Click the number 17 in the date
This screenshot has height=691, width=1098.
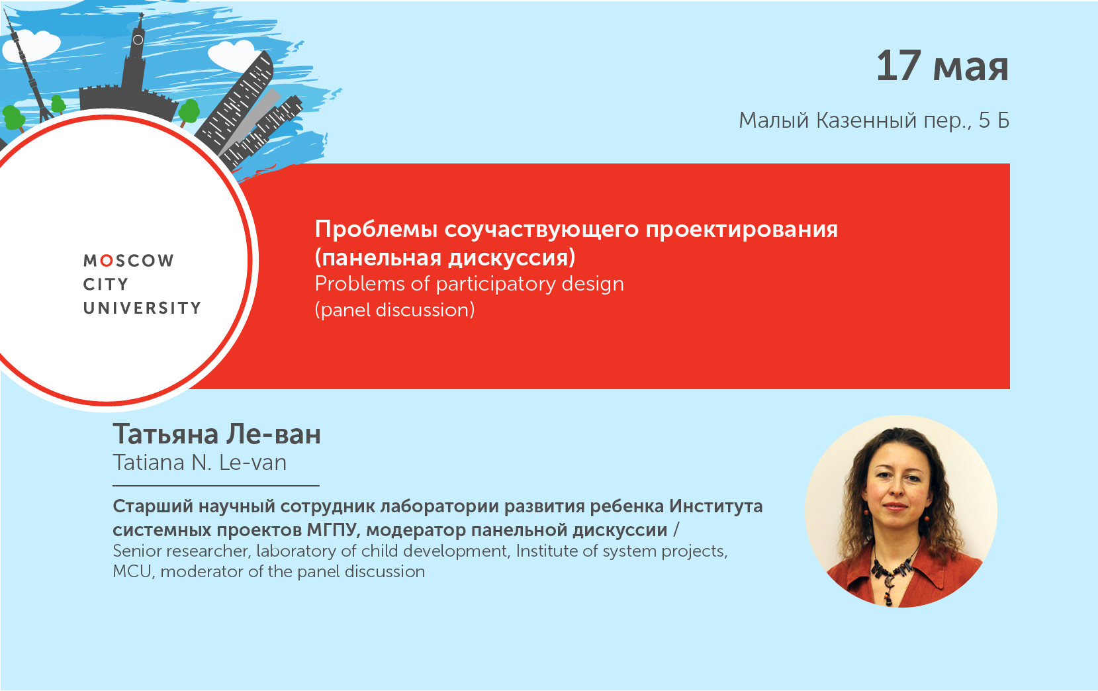tap(898, 66)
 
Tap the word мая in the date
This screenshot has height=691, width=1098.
tap(971, 69)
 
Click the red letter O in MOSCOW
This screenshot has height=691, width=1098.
tap(107, 261)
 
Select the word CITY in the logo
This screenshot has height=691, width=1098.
tap(106, 285)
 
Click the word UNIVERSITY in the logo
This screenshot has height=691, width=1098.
tap(142, 308)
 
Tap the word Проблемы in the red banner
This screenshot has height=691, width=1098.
tap(376, 229)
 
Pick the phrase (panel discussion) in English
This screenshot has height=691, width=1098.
tap(394, 310)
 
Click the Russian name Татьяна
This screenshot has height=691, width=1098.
tap(165, 434)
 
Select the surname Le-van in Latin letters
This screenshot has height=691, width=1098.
tap(253, 463)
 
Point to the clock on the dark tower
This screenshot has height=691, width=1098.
tap(138, 40)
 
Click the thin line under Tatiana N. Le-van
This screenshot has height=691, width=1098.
tap(216, 486)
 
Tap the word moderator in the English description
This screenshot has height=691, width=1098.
tap(202, 571)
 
